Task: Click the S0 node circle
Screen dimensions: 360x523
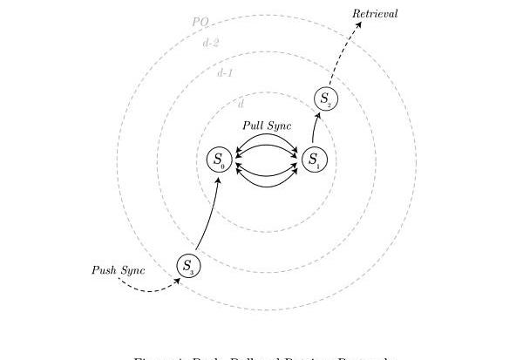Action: tap(219, 160)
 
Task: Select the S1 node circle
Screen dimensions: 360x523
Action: tap(315, 160)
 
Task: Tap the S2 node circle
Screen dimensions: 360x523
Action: tap(326, 99)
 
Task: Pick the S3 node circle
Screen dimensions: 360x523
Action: tap(187, 267)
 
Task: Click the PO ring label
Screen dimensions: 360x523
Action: tap(200, 22)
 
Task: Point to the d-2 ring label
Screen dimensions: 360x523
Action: tap(210, 42)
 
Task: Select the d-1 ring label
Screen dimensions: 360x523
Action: tap(225, 72)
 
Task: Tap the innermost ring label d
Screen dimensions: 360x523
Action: tap(241, 104)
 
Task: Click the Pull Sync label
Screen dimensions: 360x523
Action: tap(267, 126)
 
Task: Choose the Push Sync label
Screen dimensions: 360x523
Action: tap(119, 270)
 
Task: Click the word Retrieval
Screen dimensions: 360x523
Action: tap(375, 14)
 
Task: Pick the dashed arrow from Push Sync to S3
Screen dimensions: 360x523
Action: tap(148, 289)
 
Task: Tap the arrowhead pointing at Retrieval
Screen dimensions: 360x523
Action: tap(357, 24)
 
